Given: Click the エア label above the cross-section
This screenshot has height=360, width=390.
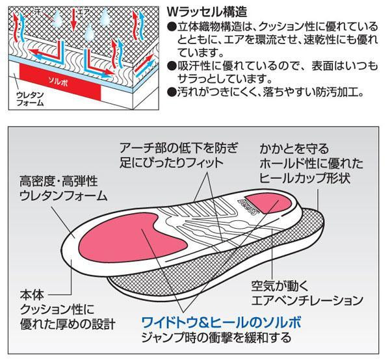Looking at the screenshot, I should coord(84,11).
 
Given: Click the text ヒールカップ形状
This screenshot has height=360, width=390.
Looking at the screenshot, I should coord(306,179).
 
